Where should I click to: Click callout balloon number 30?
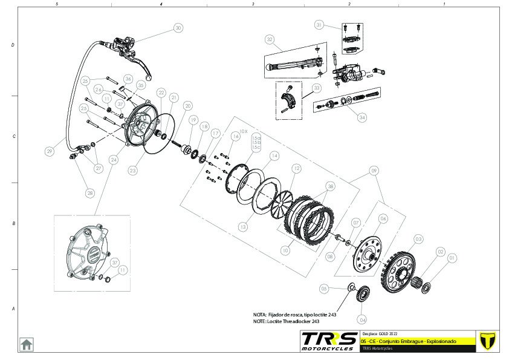click(178, 28)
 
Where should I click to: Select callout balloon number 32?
click(270, 39)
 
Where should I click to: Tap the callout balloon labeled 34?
click(362, 117)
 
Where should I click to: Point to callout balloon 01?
click(452, 258)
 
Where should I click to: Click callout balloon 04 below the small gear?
click(362, 319)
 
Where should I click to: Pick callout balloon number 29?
click(49, 152)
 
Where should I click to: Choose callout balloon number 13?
click(242, 227)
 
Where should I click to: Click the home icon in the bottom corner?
click(27, 344)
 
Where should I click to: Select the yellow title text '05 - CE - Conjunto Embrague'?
click(408, 342)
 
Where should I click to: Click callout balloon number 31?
click(319, 25)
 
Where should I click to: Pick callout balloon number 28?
click(90, 193)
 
